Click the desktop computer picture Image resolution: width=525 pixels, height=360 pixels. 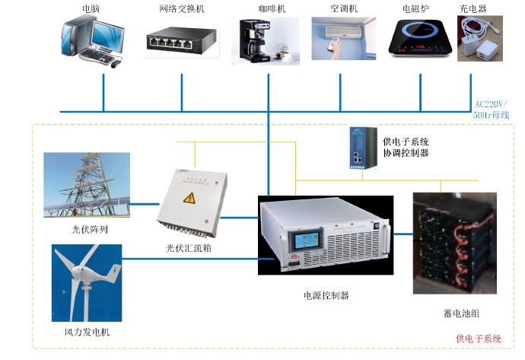(93, 41)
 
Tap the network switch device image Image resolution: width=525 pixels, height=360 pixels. (182, 41)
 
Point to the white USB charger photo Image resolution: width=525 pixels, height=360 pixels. (480, 39)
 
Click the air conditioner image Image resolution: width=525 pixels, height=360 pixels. (343, 39)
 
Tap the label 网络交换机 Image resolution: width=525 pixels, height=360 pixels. (182, 8)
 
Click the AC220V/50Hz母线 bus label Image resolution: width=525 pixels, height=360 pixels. (491, 110)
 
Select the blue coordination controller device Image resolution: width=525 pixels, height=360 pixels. (363, 148)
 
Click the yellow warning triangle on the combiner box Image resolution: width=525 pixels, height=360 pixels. (189, 198)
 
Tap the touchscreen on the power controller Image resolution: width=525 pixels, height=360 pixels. (307, 240)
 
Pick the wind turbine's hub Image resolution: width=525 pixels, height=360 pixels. (78, 271)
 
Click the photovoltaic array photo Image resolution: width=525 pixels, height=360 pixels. (87, 185)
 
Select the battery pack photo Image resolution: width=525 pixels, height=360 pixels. (455, 244)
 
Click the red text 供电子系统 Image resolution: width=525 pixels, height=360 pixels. (479, 339)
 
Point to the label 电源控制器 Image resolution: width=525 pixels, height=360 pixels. (326, 295)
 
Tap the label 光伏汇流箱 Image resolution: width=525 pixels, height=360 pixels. (189, 248)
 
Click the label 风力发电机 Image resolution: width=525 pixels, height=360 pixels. (87, 332)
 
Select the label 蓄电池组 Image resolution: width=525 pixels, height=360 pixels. (461, 314)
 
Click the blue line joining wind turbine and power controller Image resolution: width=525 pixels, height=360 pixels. (198, 259)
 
